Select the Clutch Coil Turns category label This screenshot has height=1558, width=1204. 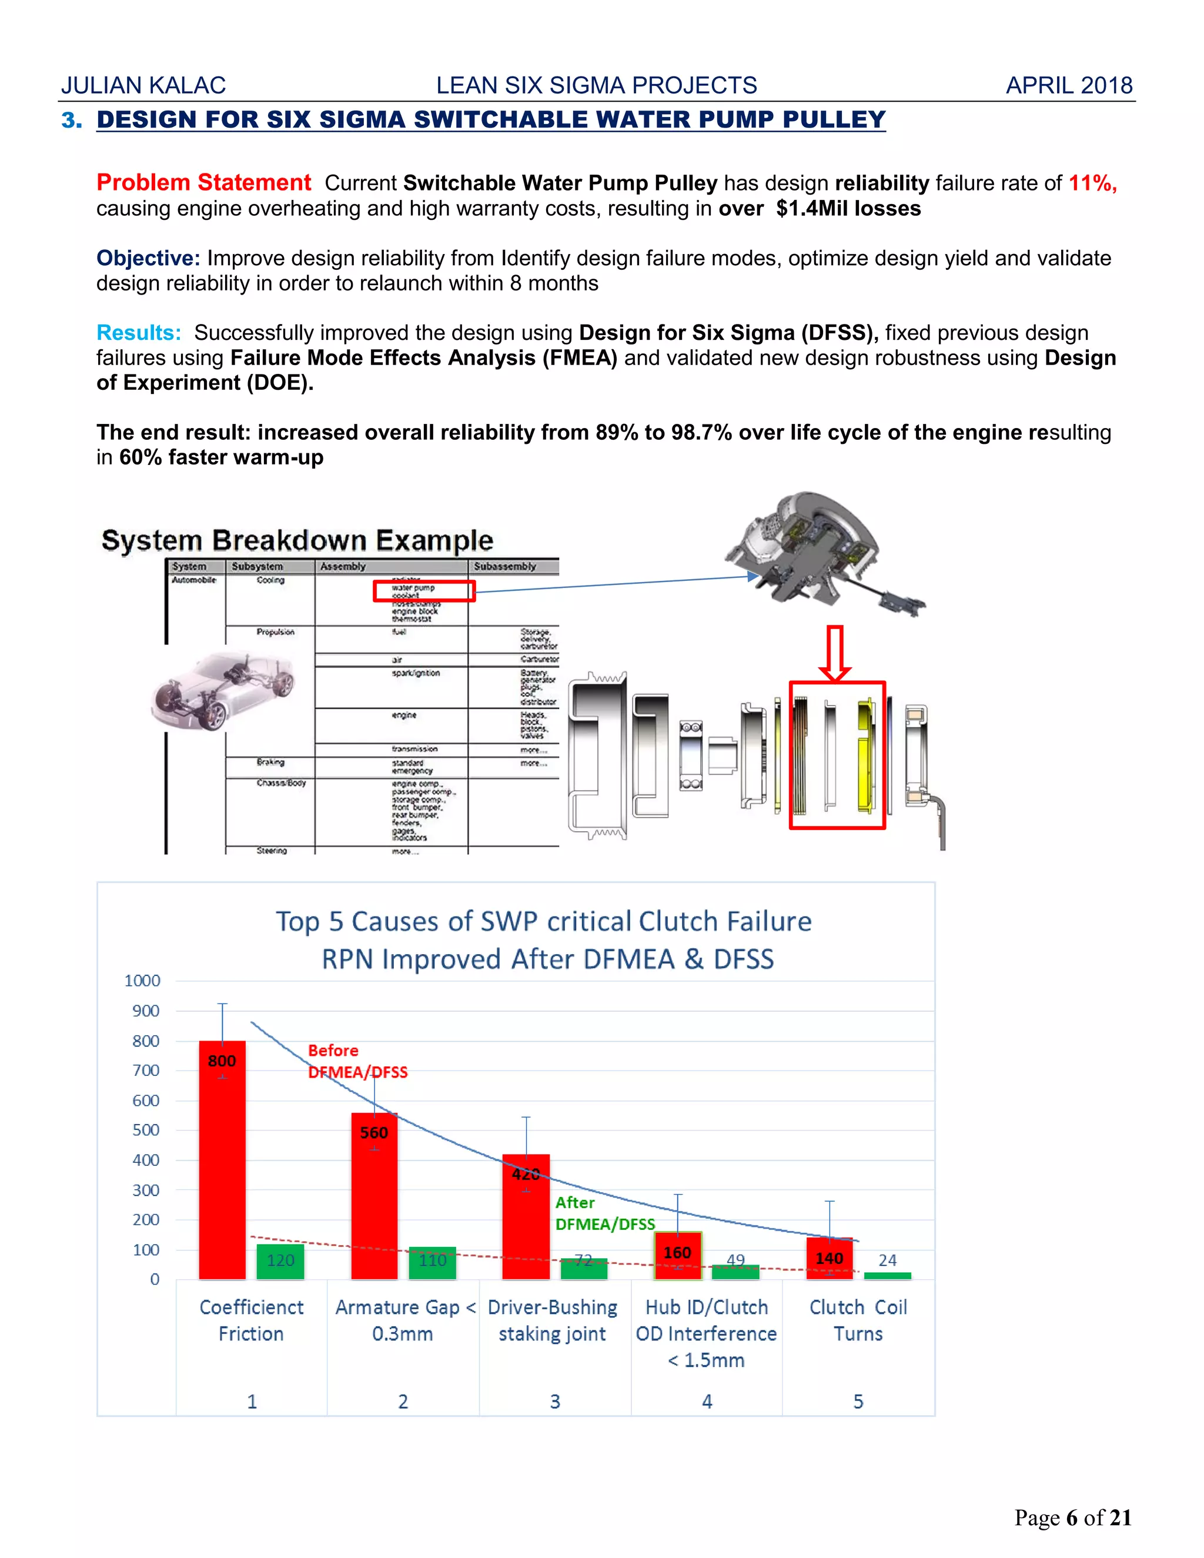[x=858, y=1320]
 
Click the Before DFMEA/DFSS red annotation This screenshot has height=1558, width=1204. [x=357, y=1061]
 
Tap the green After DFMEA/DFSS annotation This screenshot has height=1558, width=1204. [x=604, y=1213]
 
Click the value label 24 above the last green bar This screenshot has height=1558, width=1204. [x=887, y=1260]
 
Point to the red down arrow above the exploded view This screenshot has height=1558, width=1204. [x=835, y=653]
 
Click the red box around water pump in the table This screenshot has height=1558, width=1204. [x=424, y=591]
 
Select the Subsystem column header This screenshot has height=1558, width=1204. [x=257, y=566]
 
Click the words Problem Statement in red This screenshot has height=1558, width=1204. [x=203, y=183]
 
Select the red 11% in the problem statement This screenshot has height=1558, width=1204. [x=1091, y=183]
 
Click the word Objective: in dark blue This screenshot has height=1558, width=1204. [x=148, y=258]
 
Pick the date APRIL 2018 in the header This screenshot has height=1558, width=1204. [x=1068, y=86]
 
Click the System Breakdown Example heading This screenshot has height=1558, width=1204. [x=297, y=540]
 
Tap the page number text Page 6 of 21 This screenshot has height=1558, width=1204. [x=1073, y=1517]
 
